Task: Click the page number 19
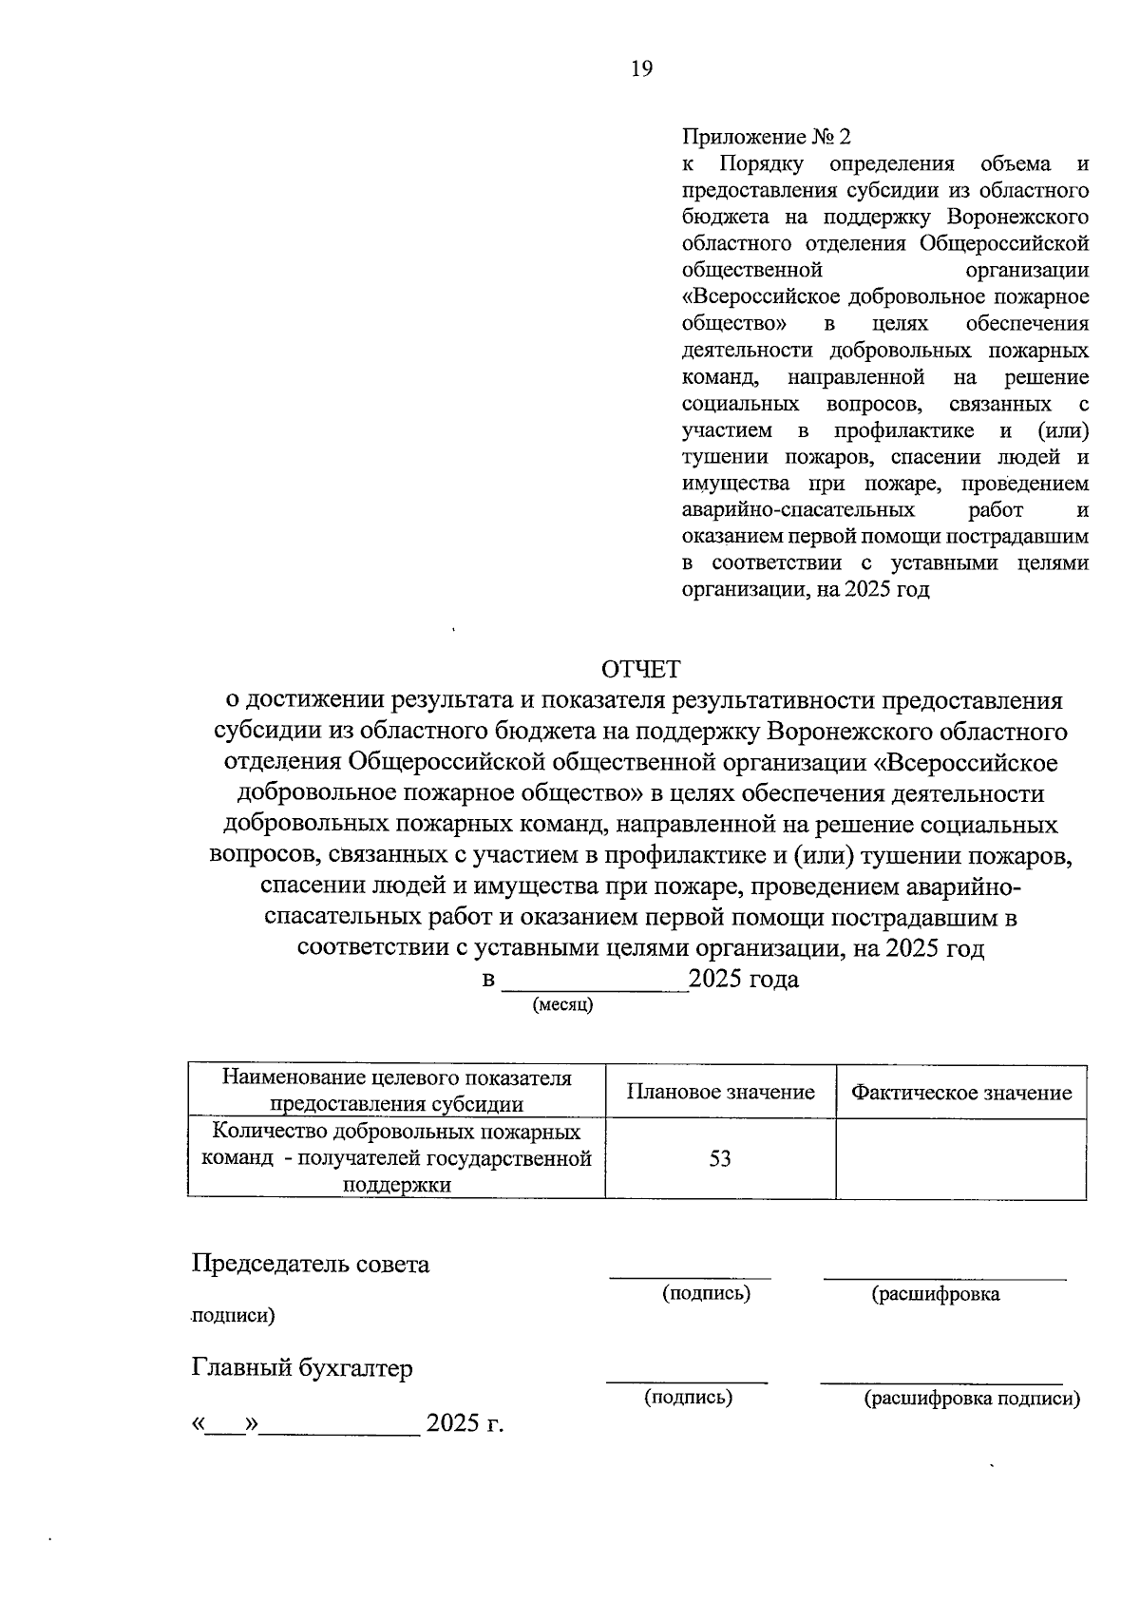(641, 68)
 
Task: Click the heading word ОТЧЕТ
(643, 670)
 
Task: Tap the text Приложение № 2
(767, 138)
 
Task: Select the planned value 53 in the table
(720, 1159)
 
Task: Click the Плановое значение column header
(720, 1093)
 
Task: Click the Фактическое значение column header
(960, 1093)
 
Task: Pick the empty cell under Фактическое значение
(960, 1159)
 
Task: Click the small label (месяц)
(562, 1005)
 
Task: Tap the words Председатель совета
(311, 1265)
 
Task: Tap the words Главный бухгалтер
(302, 1369)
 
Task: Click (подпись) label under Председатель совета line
(706, 1293)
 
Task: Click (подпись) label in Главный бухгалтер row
(688, 1398)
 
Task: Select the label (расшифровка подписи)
(971, 1399)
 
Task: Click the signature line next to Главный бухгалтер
(687, 1381)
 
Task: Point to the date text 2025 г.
(464, 1424)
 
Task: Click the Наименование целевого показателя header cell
(396, 1091)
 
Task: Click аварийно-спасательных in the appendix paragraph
(785, 511)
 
